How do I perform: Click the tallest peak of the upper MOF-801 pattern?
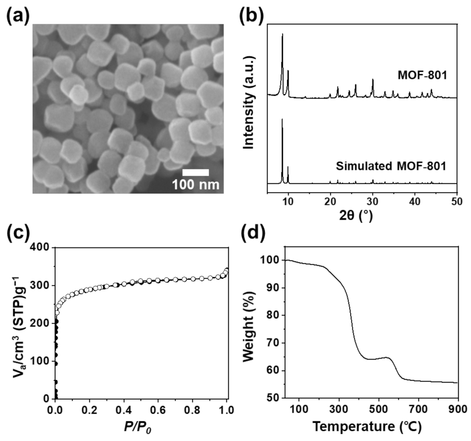[282, 34]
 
